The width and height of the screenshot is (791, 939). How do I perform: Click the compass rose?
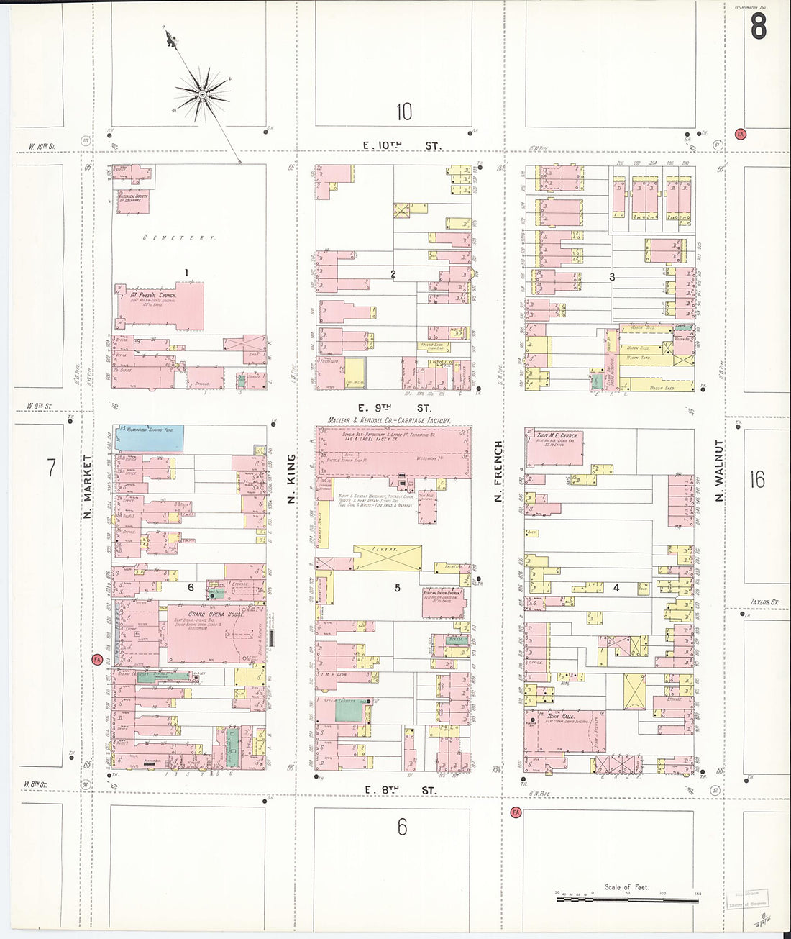tap(202, 94)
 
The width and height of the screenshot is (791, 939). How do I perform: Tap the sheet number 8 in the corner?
tap(758, 27)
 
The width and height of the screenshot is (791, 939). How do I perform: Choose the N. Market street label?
tap(87, 486)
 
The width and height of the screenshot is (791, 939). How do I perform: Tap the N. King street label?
tap(291, 478)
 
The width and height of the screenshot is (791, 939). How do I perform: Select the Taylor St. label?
tap(764, 602)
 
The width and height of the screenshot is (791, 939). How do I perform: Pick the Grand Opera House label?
tap(216, 614)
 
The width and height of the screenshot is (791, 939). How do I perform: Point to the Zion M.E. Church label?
tap(557, 436)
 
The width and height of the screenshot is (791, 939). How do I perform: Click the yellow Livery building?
tap(387, 556)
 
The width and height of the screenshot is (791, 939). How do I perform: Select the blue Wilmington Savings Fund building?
tap(150, 437)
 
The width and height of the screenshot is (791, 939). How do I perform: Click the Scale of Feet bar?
tap(626, 899)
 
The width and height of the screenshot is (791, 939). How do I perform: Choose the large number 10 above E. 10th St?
tap(403, 112)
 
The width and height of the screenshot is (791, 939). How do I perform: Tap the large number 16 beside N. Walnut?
tap(757, 479)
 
